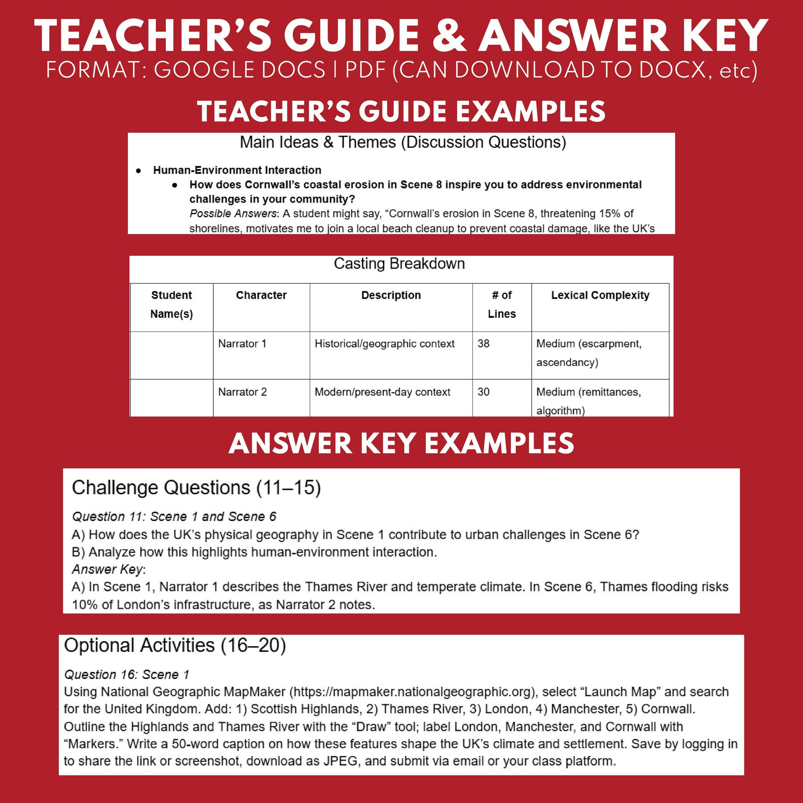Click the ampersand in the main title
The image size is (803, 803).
(x=449, y=36)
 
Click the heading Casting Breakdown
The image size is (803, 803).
(x=399, y=264)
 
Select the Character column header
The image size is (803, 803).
(x=261, y=295)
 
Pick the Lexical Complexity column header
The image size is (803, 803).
(x=600, y=295)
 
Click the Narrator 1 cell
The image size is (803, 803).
(x=242, y=344)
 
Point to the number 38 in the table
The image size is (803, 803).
(x=483, y=344)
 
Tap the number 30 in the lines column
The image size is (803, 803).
(x=483, y=392)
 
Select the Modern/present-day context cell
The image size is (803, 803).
(x=382, y=392)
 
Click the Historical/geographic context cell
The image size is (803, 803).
(x=384, y=344)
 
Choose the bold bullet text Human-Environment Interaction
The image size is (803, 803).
(x=237, y=170)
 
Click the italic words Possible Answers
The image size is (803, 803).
(x=233, y=214)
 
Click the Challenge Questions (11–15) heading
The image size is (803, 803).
(x=196, y=488)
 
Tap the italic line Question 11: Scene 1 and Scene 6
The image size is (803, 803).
(x=174, y=516)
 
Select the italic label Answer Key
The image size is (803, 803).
(x=107, y=569)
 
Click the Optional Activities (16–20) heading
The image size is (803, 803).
(x=175, y=645)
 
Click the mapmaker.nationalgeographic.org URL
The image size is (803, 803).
(x=411, y=692)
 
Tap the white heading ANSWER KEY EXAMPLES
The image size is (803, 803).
(x=401, y=444)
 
